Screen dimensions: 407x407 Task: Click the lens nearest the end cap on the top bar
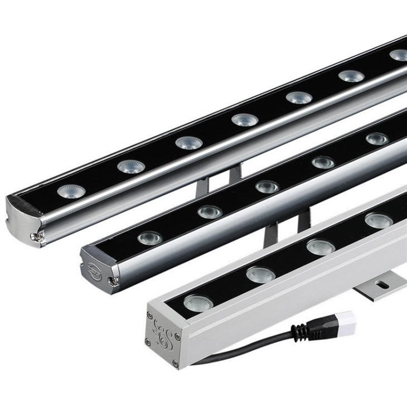(x=71, y=191)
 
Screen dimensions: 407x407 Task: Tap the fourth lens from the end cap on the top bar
(x=245, y=119)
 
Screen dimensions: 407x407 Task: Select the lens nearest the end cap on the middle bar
(x=150, y=238)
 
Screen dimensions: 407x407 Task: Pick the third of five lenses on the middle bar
(x=267, y=187)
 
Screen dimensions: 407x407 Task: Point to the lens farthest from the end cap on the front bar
(x=379, y=220)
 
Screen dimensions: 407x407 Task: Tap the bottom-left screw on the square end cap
(x=148, y=341)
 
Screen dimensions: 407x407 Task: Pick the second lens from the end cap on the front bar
(x=260, y=274)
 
